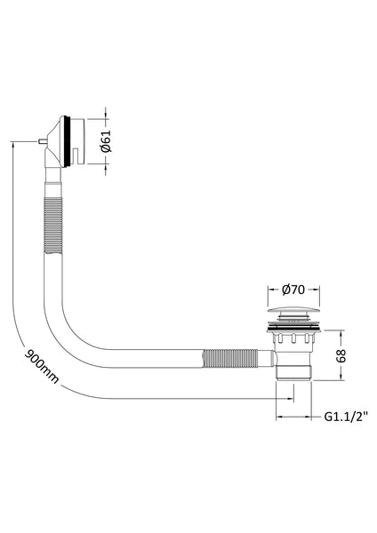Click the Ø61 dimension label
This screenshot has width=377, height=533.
[106, 141]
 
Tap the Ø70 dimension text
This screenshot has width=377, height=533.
[293, 290]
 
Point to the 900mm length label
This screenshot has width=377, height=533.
[42, 366]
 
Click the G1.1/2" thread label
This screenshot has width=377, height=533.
[346, 416]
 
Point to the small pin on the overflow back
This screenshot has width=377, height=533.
[42, 141]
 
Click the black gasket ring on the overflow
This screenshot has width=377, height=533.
[68, 141]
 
